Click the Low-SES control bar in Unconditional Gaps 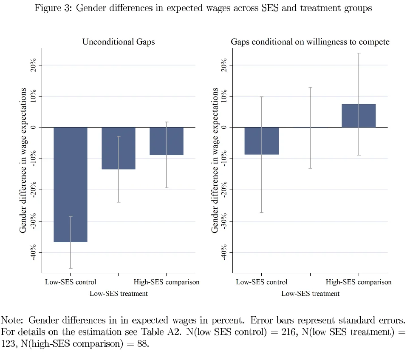[71, 184]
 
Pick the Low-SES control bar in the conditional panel [262, 141]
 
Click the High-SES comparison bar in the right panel [359, 116]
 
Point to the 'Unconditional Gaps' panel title [119, 42]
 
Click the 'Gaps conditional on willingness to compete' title [310, 42]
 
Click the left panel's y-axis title [23, 160]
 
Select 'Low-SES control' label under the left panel [71, 282]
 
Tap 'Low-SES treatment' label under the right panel [310, 293]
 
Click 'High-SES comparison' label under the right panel [359, 282]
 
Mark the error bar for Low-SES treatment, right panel [310, 128]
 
